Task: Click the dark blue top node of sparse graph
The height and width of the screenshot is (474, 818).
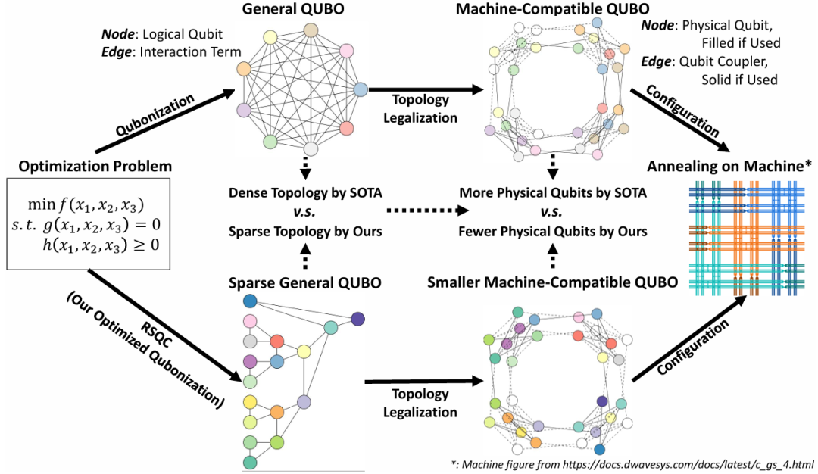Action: pos(250,301)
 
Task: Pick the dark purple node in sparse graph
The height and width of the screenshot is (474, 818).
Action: pos(359,319)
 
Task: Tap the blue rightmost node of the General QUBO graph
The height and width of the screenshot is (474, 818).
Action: pos(361,89)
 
